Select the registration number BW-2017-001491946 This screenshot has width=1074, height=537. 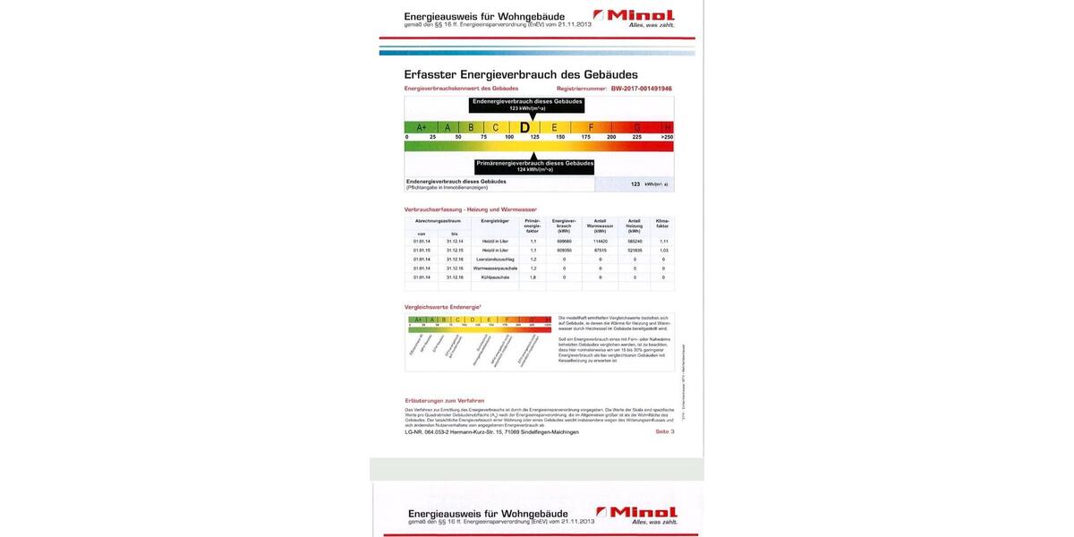tap(641, 89)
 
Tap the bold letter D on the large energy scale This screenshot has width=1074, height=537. tap(524, 127)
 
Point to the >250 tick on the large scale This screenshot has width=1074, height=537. tap(667, 137)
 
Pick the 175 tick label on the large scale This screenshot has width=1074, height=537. tap(585, 137)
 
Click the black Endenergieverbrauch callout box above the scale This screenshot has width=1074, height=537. tap(527, 104)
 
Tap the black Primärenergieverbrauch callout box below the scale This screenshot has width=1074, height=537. tap(534, 166)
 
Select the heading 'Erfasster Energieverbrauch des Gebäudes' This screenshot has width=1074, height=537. tap(521, 74)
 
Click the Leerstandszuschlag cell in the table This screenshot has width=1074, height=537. tap(495, 259)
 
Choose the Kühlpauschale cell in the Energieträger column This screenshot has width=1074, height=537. tap(495, 277)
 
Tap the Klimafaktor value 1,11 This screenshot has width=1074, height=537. tap(663, 241)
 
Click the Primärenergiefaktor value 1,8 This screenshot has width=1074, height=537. tap(533, 277)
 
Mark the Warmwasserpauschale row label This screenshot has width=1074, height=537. tap(495, 268)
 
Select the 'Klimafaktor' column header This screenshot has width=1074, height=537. tap(663, 224)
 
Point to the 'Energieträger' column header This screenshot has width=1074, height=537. tap(495, 220)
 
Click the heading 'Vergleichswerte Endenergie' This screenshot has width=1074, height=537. tap(442, 307)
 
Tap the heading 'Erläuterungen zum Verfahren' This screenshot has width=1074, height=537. tap(444, 400)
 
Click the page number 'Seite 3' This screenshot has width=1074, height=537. tap(665, 431)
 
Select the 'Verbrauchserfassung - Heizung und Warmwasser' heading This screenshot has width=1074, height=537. tap(470, 209)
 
